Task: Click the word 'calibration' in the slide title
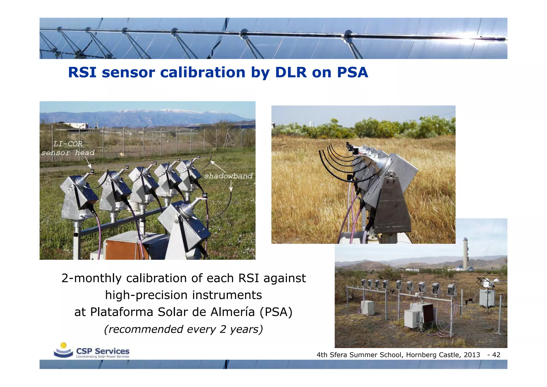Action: pos(202,72)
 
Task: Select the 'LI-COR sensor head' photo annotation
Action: pos(68,148)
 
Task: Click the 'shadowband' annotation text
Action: pos(228,176)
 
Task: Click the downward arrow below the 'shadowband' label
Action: pos(231,186)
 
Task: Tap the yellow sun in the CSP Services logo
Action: pos(63,345)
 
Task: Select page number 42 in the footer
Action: pos(496,355)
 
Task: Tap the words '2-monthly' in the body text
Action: pos(91,278)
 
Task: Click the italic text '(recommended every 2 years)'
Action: pos(183,329)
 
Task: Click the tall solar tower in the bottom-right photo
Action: pos(466,254)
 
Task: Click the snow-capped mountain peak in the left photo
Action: pos(167,110)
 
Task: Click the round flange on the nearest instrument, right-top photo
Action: pos(392,176)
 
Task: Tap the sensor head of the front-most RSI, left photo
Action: pos(205,195)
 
